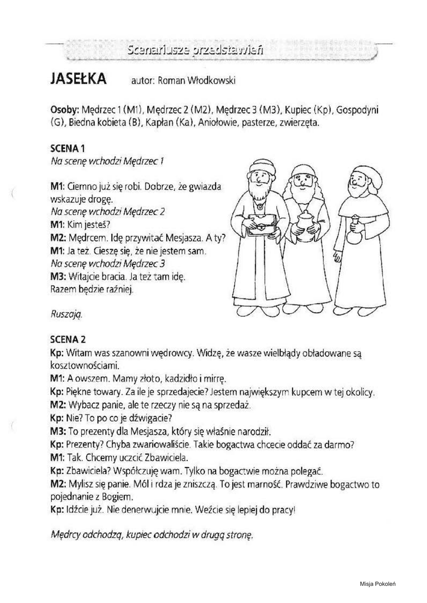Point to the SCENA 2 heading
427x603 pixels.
coord(69,339)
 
